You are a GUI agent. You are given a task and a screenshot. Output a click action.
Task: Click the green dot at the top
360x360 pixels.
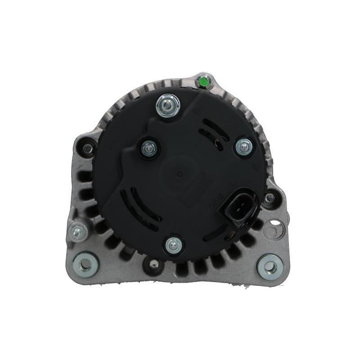203,81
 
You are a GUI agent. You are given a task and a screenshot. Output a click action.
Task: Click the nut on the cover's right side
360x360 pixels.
244,146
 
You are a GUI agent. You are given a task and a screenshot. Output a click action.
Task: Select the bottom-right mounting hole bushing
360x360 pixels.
270,266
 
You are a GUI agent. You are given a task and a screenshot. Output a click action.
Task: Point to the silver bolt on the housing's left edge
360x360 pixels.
78,232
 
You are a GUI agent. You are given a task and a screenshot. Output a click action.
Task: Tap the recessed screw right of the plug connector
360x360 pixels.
270,198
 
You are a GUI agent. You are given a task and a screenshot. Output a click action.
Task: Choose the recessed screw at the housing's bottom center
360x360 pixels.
153,265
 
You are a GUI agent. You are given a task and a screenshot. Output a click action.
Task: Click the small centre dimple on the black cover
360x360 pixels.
180,174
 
